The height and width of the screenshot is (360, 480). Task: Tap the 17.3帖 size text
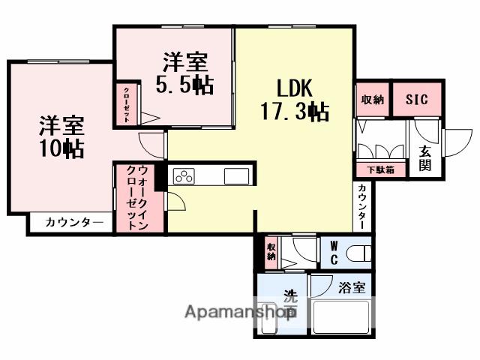293,112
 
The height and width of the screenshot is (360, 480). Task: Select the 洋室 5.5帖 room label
184,71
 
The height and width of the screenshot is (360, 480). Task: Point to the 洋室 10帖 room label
61,136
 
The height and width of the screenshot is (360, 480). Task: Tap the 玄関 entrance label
424,157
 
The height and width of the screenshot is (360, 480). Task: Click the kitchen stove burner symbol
184,176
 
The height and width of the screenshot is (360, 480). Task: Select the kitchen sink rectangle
236,177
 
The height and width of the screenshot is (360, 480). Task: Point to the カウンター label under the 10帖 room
74,222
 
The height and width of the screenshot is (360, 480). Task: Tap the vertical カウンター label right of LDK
362,206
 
